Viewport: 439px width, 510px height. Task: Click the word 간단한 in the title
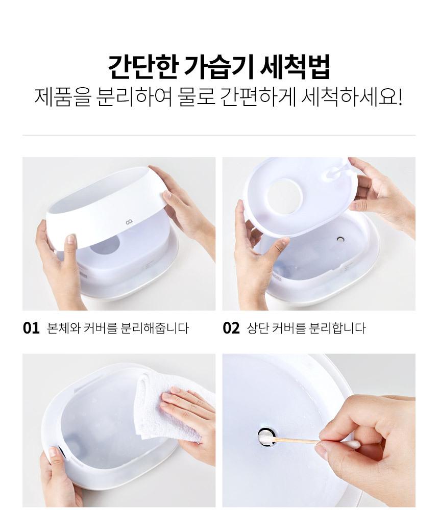(x=142, y=67)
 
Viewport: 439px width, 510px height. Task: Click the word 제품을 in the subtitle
(x=62, y=96)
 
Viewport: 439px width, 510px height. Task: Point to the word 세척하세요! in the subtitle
(x=352, y=96)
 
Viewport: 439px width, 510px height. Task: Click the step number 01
(x=31, y=328)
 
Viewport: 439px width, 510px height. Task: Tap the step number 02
(x=231, y=328)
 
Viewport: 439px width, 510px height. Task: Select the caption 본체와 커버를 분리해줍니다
(x=118, y=328)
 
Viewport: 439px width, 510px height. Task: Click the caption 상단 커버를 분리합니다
(x=306, y=328)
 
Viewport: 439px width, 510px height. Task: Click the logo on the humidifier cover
(x=128, y=222)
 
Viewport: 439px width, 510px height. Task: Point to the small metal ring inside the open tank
(x=340, y=239)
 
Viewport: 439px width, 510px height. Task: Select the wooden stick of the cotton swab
(x=297, y=441)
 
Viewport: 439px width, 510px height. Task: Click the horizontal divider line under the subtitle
(x=219, y=135)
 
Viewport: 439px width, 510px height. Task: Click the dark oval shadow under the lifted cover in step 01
(x=105, y=246)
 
